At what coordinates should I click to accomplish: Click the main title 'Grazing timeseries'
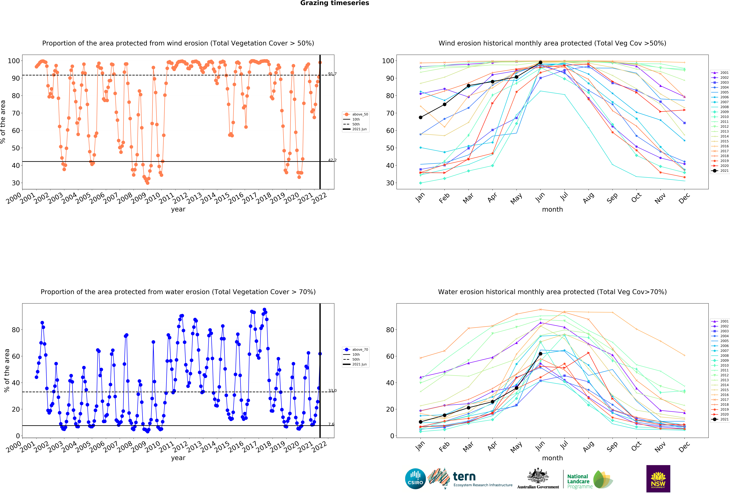click(335, 3)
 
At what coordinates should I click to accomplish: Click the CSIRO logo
click(415, 479)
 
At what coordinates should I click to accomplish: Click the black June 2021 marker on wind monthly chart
click(540, 63)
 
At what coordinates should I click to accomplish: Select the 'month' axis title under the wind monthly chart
click(552, 209)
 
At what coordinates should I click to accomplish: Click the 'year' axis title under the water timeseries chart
click(178, 458)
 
